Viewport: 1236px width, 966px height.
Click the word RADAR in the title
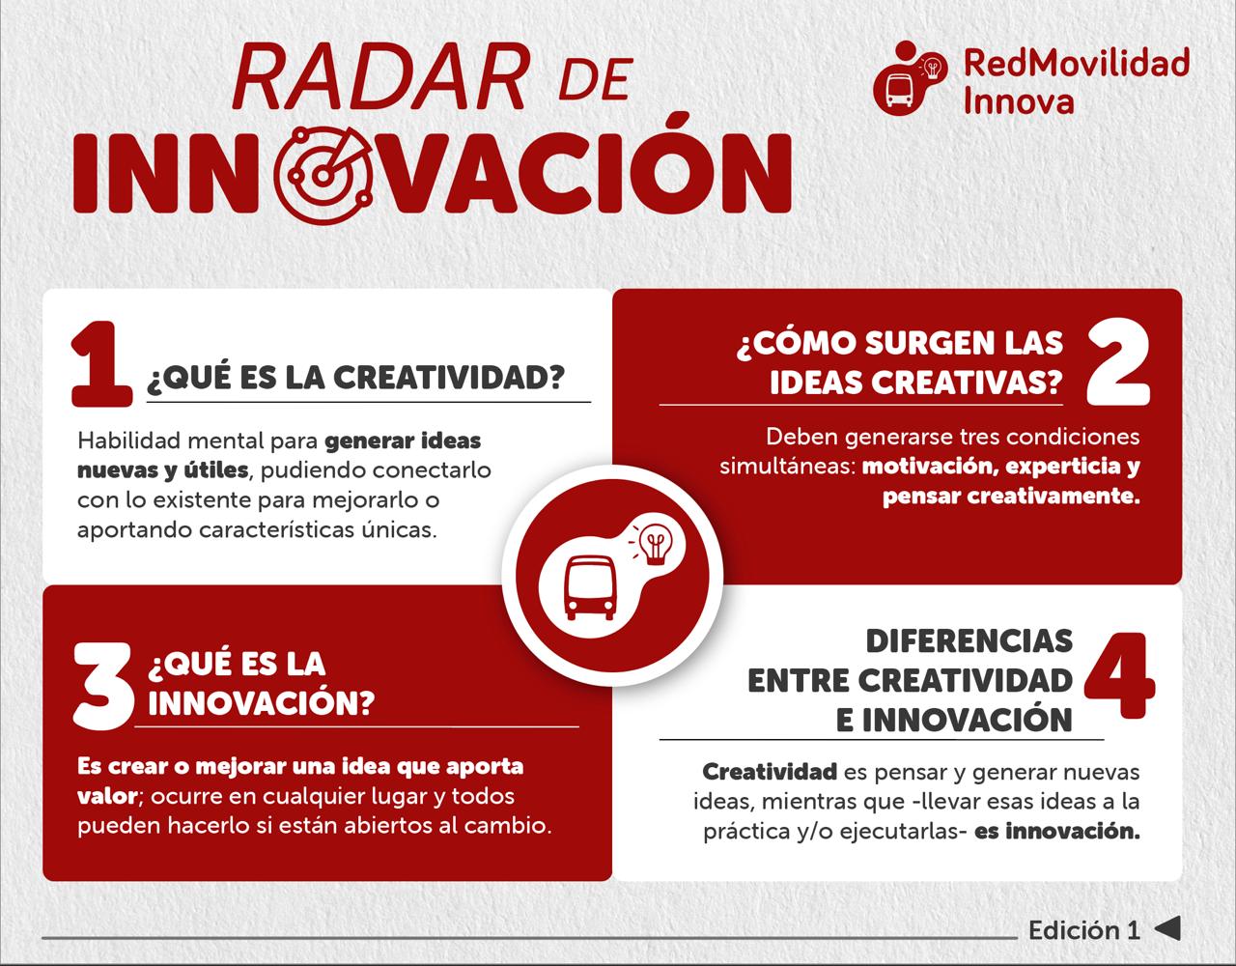pos(379,77)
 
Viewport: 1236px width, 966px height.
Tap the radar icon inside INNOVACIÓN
pos(324,175)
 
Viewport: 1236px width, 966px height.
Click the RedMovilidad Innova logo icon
pos(910,78)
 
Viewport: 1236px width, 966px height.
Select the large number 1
pos(101,364)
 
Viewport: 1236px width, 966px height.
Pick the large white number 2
pos(1117,364)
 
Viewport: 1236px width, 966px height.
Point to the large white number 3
pos(103,686)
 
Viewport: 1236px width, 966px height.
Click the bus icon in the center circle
pos(590,587)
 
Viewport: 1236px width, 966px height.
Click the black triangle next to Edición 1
pos(1167,928)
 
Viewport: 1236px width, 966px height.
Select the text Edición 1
pos(1084,930)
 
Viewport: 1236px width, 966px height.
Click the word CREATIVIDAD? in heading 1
pos(449,378)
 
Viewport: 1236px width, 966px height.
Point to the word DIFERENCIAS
pos(969,641)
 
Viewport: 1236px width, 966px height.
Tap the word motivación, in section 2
pos(931,468)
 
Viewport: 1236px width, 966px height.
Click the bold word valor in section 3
pos(107,796)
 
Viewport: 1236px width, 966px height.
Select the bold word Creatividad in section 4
pos(770,772)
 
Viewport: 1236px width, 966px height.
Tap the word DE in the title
pos(596,79)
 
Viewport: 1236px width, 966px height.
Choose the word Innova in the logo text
pos(1019,101)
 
